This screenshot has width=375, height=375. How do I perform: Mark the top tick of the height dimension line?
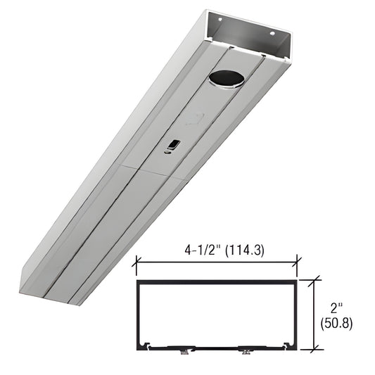point(315,279)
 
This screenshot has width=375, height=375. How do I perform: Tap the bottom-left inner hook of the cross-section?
point(144,345)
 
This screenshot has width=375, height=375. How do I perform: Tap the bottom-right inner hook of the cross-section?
point(288,345)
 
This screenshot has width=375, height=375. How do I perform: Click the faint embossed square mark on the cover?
point(193,120)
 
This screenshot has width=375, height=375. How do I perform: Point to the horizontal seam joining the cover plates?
point(151,171)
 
